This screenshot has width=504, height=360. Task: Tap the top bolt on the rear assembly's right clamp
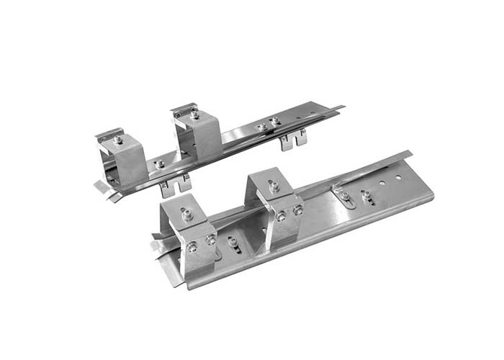tap(194, 114)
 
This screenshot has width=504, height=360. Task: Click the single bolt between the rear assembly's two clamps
tap(160, 164)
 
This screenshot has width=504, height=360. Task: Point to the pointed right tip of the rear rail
tap(341, 108)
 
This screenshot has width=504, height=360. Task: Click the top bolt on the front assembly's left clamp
tap(186, 213)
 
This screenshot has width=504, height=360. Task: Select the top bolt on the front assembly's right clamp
tap(274, 186)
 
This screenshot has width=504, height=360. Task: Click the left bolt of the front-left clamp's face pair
tap(192, 247)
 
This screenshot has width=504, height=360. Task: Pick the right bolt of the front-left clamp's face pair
tap(210, 240)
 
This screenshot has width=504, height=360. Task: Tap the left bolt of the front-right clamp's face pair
tap(281, 216)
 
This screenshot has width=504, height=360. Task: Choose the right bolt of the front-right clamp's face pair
tap(297, 210)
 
